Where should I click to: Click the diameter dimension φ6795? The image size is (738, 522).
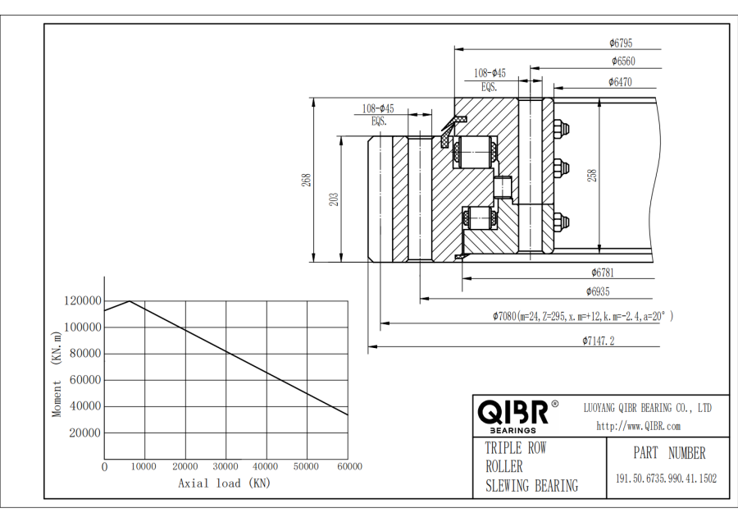coord(621,43)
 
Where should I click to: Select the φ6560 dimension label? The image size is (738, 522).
coord(622,62)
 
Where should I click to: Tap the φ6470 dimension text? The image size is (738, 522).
coord(620,81)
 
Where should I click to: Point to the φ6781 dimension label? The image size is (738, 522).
coord(603,272)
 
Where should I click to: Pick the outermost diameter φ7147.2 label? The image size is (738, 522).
coord(599,340)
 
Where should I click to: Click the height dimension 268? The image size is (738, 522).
coord(306,179)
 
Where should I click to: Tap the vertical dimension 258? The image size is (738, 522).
coord(593,175)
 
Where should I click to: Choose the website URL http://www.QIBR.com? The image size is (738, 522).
coord(638,425)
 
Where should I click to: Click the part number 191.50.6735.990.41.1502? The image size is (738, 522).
coord(666,478)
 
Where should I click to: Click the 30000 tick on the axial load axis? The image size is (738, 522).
coord(225,467)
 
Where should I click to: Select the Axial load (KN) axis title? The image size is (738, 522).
coord(224,483)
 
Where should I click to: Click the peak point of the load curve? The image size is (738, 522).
coord(130,301)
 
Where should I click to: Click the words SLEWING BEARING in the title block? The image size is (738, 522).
coord(531,486)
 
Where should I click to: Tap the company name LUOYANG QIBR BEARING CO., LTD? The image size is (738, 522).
coord(647,408)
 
